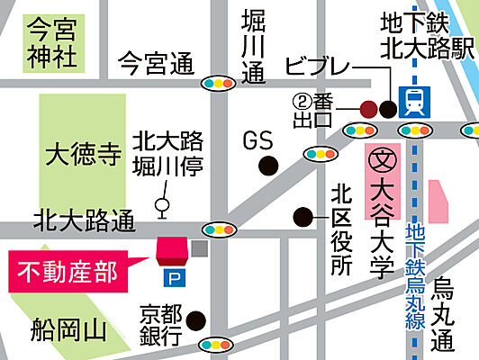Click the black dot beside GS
(x=267, y=166)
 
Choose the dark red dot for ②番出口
(x=368, y=110)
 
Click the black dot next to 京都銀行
(x=193, y=319)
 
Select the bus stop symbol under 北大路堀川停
(x=162, y=206)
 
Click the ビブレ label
(x=315, y=66)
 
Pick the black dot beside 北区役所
(x=303, y=216)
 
